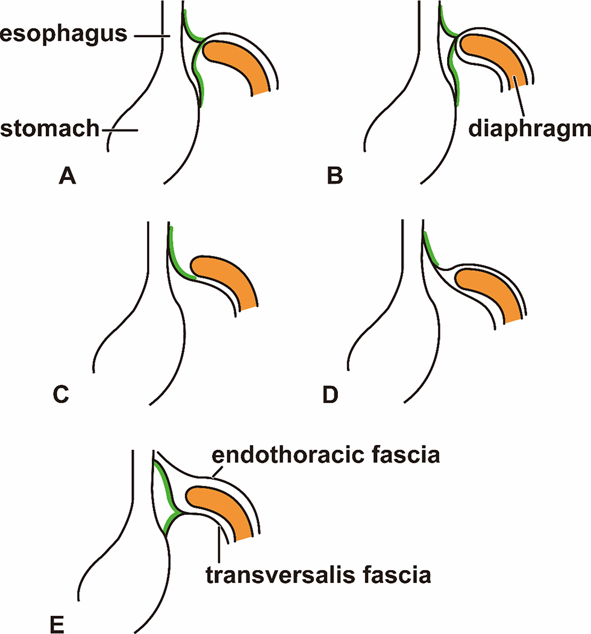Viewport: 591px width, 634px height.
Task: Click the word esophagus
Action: point(63,35)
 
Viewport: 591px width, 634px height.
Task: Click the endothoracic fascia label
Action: point(325,456)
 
